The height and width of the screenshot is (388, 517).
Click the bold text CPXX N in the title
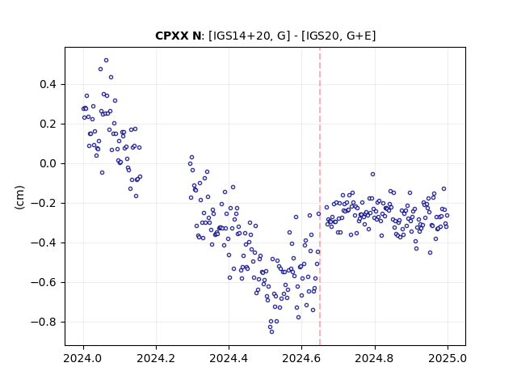click(178, 36)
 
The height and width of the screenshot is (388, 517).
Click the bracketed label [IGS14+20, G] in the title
click(250, 36)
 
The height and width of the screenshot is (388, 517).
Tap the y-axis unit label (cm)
click(19, 197)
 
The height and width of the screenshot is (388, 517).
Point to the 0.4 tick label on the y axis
click(48, 84)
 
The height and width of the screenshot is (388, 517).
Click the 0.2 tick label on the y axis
click(48, 124)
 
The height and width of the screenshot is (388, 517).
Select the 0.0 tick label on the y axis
click(48, 163)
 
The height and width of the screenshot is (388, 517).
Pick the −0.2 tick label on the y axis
click(44, 203)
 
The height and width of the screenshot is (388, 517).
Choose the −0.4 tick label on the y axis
click(44, 242)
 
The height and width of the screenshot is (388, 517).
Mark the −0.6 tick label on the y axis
click(44, 282)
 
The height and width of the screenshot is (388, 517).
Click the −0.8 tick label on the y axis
click(44, 322)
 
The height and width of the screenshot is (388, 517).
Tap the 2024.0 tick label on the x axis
click(83, 358)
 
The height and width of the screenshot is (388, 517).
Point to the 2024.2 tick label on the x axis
click(156, 358)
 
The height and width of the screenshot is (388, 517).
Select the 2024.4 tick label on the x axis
click(229, 358)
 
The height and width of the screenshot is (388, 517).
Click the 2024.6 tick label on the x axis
click(301, 358)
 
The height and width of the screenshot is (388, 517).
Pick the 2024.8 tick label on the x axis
click(375, 358)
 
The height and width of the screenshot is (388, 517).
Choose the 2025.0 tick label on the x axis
click(448, 358)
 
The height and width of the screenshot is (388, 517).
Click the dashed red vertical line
click(320, 196)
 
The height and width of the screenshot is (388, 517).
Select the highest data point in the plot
click(106, 61)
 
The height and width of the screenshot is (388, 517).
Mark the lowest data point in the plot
click(271, 332)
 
